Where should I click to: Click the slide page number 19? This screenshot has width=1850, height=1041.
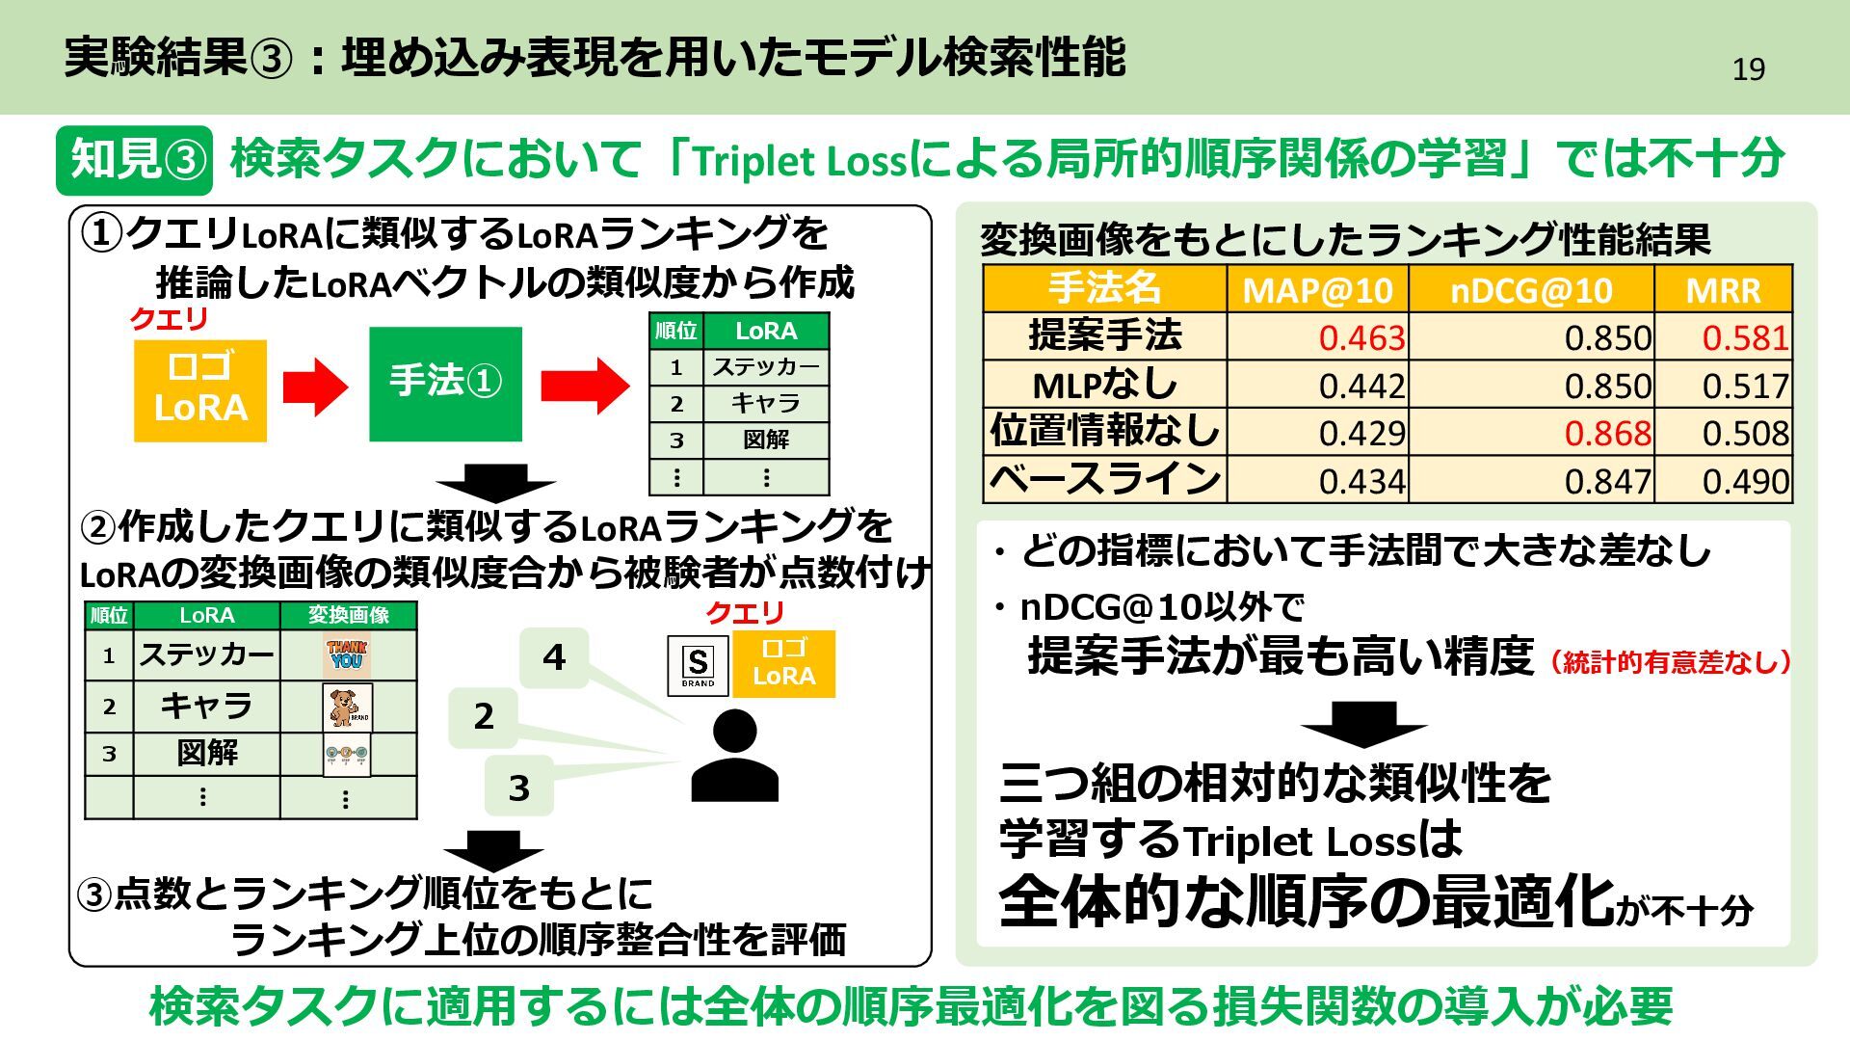1748,69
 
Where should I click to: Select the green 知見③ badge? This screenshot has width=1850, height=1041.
134,159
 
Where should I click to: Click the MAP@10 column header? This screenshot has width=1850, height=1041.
1317,289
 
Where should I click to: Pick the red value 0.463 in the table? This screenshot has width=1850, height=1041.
1361,337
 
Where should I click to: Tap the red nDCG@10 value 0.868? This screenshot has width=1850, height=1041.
1607,433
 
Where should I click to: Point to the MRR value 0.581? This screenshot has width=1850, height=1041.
1745,337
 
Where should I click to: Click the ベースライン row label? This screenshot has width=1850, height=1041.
1104,479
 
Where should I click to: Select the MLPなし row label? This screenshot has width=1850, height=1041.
1104,385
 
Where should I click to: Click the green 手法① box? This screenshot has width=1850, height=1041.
445,384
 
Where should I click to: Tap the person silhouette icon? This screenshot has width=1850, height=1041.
734,756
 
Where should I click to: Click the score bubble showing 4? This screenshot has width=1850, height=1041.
554,657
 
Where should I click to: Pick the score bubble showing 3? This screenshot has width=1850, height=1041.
518,787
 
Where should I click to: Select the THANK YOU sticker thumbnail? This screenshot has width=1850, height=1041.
347,656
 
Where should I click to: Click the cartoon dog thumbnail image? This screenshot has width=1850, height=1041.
347,707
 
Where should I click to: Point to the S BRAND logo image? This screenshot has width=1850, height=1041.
698,665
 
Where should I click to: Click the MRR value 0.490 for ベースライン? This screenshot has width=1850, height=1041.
1745,480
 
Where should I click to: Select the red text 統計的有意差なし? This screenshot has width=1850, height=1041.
1671,662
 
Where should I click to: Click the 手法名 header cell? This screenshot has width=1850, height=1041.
1104,289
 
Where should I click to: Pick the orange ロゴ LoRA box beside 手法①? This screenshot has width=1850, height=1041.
200,390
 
